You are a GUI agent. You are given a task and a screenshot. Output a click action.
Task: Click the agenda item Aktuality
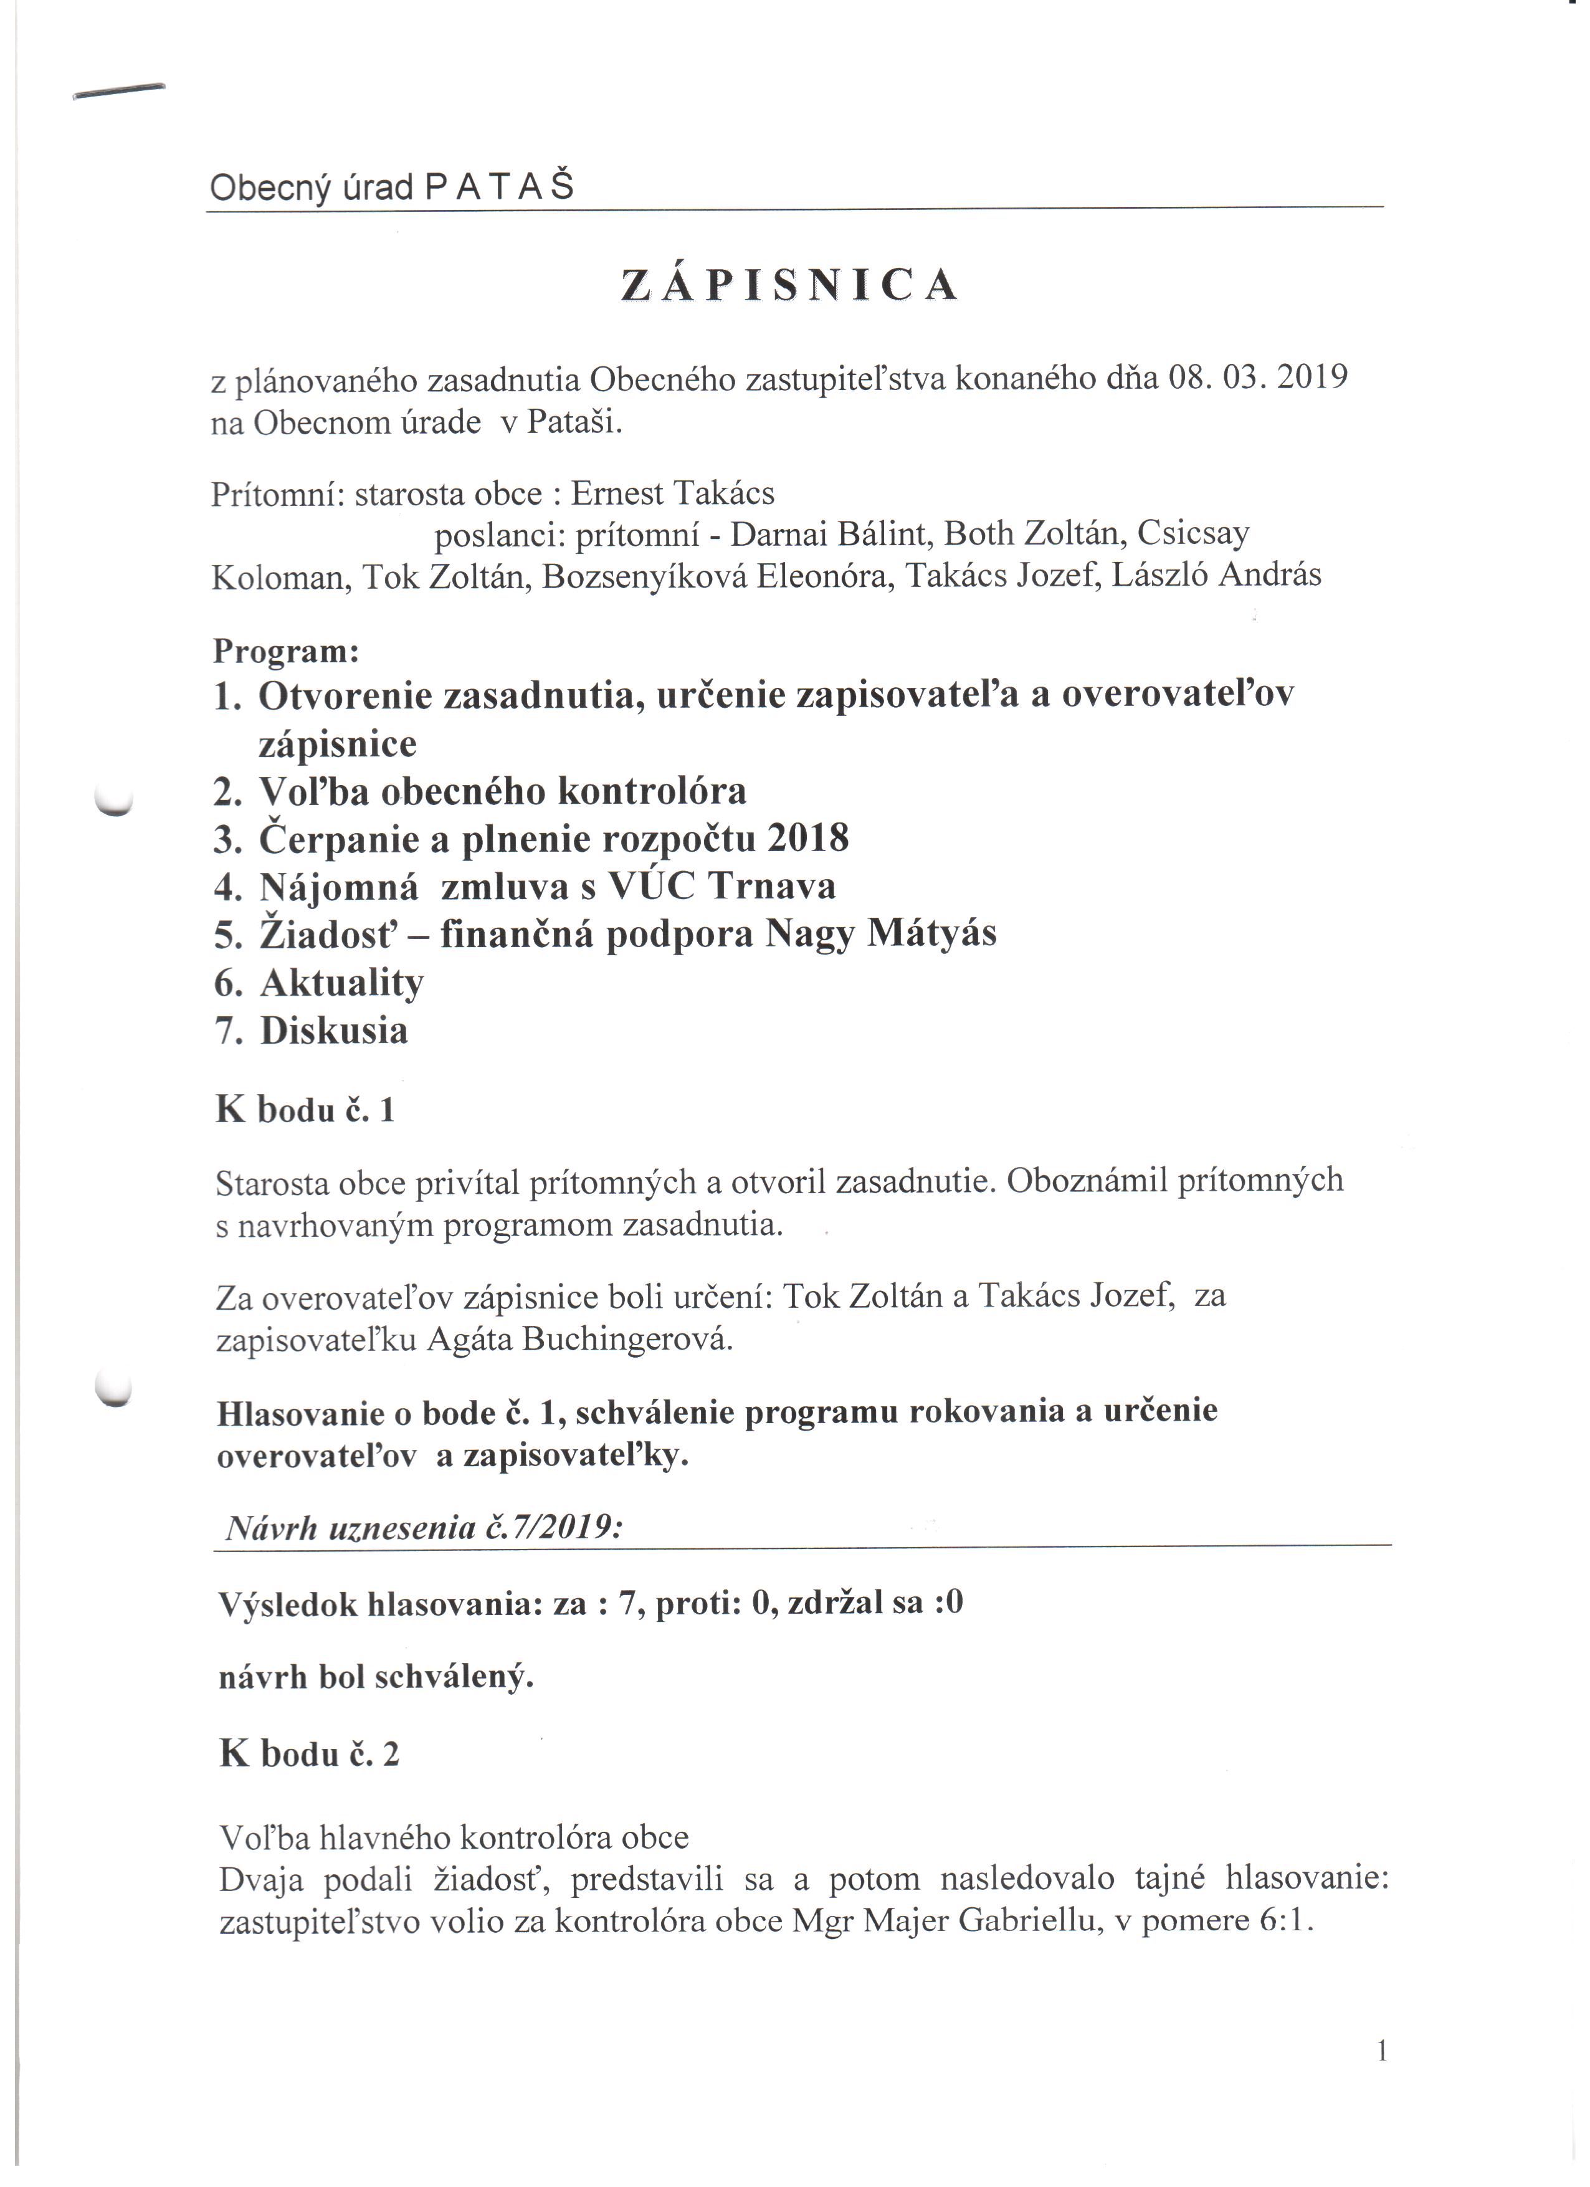pyautogui.click(x=341, y=983)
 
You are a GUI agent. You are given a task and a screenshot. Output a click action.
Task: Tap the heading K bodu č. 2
pyautogui.click(x=308, y=1754)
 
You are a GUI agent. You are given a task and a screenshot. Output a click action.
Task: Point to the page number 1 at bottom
pyautogui.click(x=1382, y=2051)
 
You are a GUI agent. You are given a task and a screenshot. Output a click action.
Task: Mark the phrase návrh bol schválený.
pyautogui.click(x=376, y=1677)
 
